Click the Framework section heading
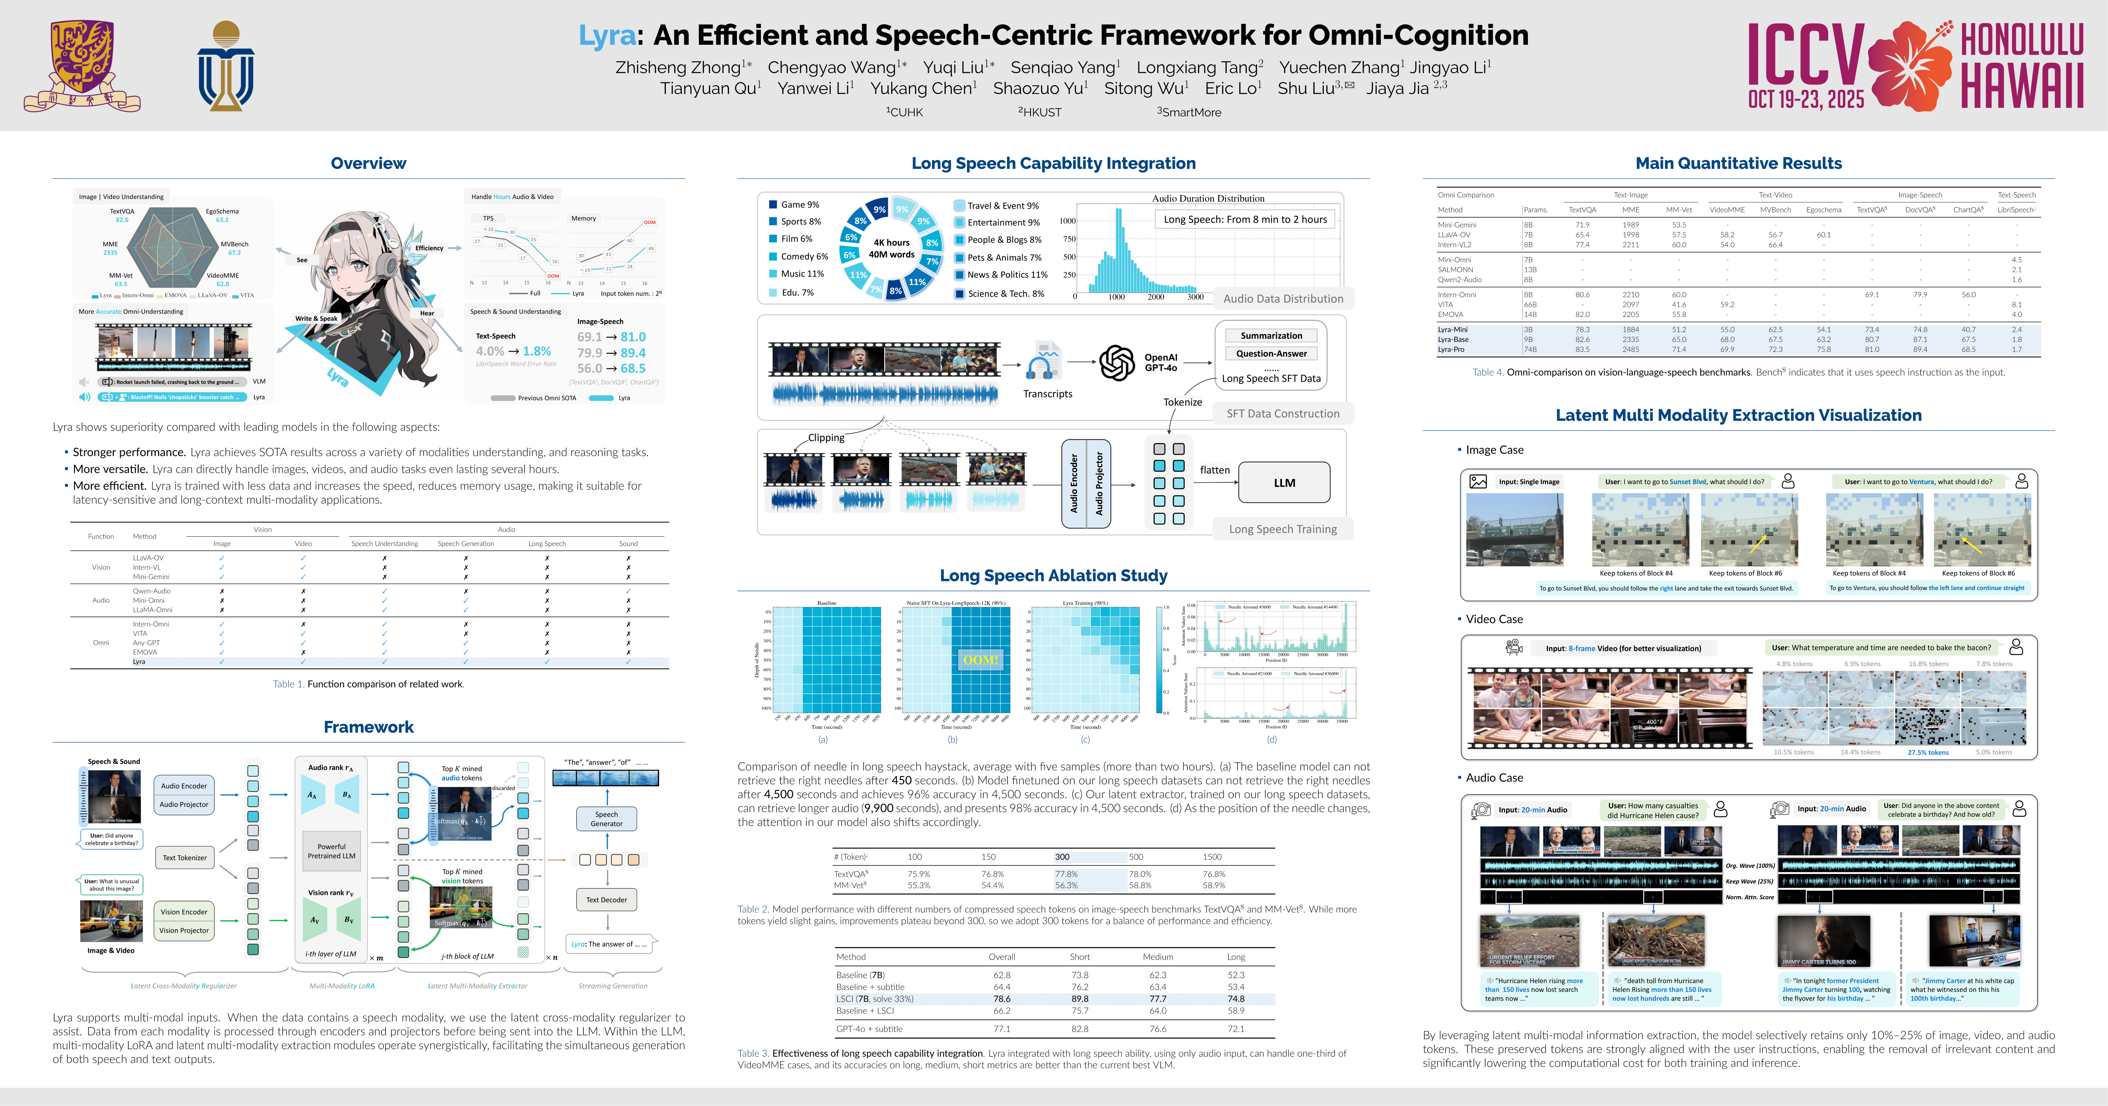(x=368, y=726)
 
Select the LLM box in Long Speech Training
(x=1284, y=483)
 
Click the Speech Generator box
(x=606, y=819)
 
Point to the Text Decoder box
(x=606, y=900)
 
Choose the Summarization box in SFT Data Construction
(x=1271, y=335)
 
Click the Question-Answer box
(x=1271, y=353)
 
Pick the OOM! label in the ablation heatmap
(x=980, y=659)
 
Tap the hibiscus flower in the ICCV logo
(x=1910, y=66)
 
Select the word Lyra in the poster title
(x=606, y=35)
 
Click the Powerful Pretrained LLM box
(x=331, y=851)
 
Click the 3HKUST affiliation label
(x=1039, y=112)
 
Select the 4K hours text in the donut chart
(x=891, y=242)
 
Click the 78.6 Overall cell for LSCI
(x=1002, y=999)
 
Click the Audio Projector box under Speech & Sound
(x=184, y=804)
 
